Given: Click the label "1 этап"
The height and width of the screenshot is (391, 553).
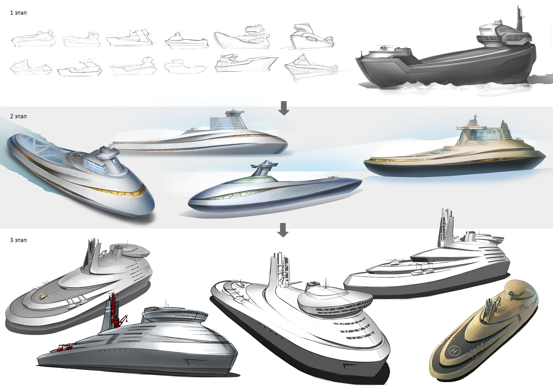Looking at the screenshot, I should (x=18, y=13).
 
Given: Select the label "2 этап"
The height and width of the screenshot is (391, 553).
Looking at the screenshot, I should (x=18, y=116).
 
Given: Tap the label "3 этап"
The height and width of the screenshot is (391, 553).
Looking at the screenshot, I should (x=18, y=240).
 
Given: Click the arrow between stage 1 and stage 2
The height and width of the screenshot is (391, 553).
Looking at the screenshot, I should (x=283, y=108).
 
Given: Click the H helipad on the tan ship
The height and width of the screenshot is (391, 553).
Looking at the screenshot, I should (x=454, y=351).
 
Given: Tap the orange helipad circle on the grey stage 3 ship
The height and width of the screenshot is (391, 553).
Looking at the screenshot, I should (x=44, y=298).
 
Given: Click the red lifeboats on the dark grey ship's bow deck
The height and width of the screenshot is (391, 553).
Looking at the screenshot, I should (x=66, y=346).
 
